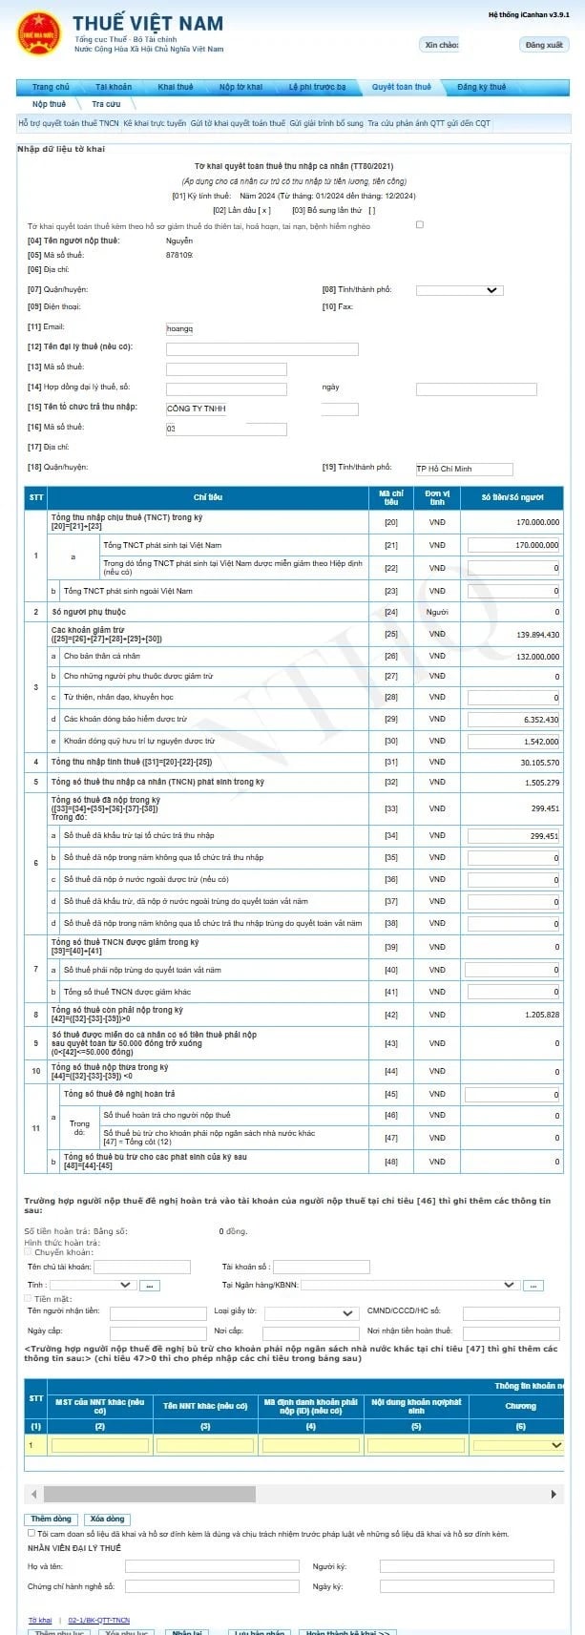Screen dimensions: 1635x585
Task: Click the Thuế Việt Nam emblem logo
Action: click(38, 32)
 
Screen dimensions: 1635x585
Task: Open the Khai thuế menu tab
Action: click(175, 87)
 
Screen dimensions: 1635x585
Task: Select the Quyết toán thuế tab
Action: click(401, 87)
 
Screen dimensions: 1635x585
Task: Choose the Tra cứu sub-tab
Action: click(106, 104)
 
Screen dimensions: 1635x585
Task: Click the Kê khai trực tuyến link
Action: click(155, 123)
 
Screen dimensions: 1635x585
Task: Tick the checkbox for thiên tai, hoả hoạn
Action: click(420, 225)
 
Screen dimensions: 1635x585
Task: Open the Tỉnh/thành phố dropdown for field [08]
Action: click(459, 290)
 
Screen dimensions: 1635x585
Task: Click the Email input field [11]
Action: click(179, 328)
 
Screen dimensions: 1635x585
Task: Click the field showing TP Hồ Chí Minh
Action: click(464, 469)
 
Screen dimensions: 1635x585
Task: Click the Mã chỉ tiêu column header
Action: click(391, 497)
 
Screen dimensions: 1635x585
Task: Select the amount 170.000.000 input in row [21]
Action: click(513, 545)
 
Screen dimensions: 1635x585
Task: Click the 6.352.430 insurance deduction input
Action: click(513, 719)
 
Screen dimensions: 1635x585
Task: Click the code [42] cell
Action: click(391, 1015)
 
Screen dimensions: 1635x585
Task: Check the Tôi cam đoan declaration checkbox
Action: click(31, 1534)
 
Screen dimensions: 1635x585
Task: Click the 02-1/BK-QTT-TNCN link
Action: click(98, 1621)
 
